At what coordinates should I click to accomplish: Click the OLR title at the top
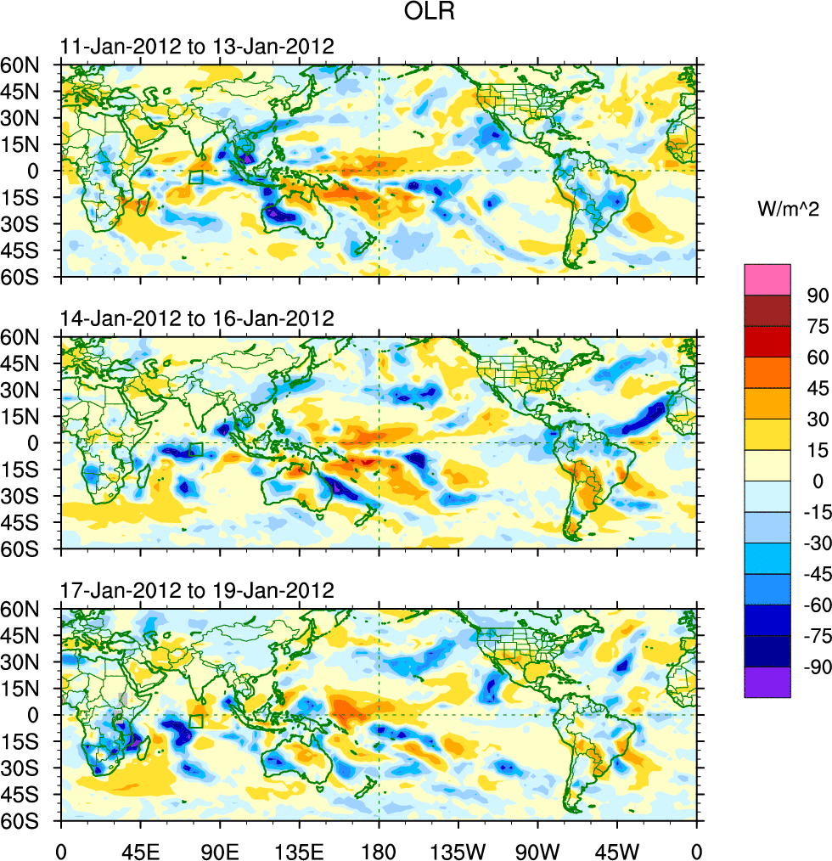tap(415, 14)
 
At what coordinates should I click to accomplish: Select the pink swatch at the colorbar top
tap(767, 279)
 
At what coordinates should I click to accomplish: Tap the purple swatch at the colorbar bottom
tap(767, 682)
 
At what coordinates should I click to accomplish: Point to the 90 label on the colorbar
tap(816, 295)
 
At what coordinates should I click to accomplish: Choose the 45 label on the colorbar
tap(816, 388)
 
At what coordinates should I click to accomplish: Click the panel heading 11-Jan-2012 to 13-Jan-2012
tap(197, 46)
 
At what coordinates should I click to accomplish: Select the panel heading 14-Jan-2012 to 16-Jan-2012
tap(197, 318)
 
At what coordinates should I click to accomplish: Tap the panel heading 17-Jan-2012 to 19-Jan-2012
tap(197, 590)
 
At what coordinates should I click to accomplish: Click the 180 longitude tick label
tap(379, 849)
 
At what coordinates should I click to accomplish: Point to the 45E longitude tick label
tap(140, 849)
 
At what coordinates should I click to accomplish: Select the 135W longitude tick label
tap(458, 849)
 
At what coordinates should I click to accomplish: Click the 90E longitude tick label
tap(220, 849)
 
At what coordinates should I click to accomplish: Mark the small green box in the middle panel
tap(196, 450)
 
